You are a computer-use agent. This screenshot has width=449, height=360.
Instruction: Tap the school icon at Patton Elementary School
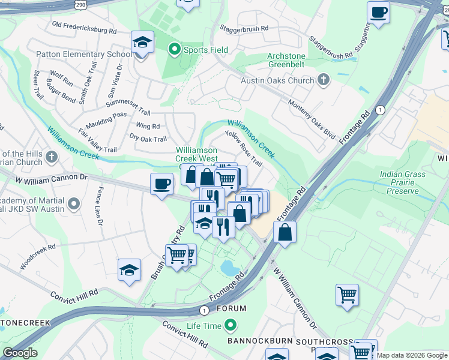(142, 43)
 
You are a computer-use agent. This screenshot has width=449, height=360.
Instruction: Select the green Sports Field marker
(175, 49)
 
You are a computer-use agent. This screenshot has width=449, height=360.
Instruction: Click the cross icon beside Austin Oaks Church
(324, 80)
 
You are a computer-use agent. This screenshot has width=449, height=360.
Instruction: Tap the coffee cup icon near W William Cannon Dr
(161, 184)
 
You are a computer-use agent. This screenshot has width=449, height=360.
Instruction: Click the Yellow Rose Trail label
(243, 148)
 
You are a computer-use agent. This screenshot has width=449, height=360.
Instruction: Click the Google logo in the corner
(20, 353)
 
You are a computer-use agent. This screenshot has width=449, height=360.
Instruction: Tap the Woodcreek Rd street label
(37, 256)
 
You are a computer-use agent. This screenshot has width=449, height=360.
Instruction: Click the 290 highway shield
(80, 4)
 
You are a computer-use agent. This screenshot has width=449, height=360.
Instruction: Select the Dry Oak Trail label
(148, 139)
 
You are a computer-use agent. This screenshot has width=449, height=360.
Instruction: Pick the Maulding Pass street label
(106, 114)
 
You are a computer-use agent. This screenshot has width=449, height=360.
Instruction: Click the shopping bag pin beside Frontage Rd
(285, 231)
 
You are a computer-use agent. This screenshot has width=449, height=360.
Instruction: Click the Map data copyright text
(412, 355)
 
